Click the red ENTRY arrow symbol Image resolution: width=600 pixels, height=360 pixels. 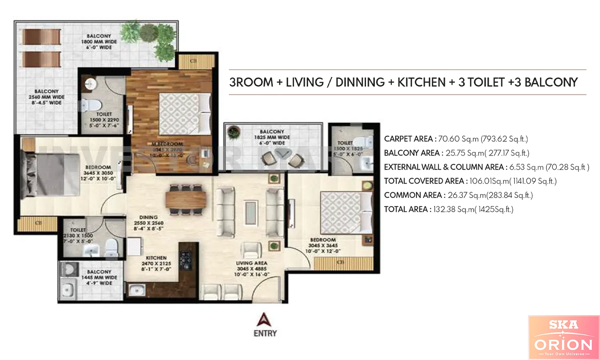coord(264,320)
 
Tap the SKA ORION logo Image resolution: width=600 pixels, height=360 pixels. coord(563,337)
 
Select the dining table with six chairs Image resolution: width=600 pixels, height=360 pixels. coord(186,200)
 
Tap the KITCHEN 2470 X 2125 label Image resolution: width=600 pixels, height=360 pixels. coord(156,264)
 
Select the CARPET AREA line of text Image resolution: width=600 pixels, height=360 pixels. coord(456,139)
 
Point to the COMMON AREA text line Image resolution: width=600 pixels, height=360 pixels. coord(458,195)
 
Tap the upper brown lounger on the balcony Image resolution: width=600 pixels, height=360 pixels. coord(42,37)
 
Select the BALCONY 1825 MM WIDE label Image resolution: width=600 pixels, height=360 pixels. coord(272,137)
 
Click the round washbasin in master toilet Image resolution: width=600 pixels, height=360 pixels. coord(91,84)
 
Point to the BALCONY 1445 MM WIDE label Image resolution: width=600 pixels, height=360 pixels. coord(99,277)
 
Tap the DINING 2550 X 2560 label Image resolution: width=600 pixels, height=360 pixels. coord(148,223)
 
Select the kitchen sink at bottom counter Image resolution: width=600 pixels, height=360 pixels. coord(136,290)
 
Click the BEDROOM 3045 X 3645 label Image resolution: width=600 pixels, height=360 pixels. coord(323,245)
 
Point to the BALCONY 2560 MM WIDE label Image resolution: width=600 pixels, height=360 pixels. coord(46,97)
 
